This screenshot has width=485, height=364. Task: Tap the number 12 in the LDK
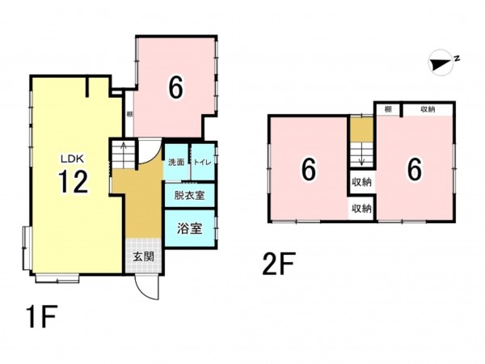(x=72, y=184)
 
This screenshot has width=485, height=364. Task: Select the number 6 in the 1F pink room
(x=174, y=87)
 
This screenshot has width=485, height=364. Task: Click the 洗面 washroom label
(x=175, y=163)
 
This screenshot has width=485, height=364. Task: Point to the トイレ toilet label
(x=202, y=163)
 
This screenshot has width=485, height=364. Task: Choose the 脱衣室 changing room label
(x=189, y=195)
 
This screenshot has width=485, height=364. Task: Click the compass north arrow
(x=440, y=62)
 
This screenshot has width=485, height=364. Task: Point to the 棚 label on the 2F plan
(x=388, y=109)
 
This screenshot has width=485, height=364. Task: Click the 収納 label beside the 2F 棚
(x=427, y=109)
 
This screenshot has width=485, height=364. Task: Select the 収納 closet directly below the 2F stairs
(x=361, y=182)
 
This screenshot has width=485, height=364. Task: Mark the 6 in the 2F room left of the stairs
(x=308, y=170)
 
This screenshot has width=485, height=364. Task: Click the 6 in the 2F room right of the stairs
(x=414, y=169)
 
